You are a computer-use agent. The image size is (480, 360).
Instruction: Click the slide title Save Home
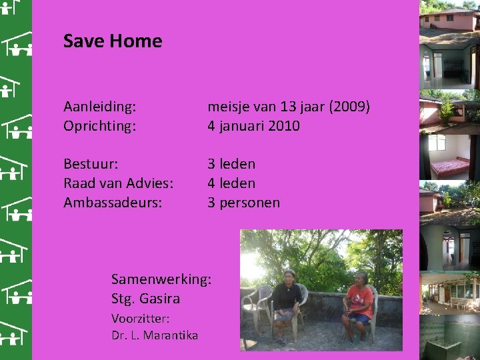pos(113,41)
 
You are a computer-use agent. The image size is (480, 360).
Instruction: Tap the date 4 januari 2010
pos(253,125)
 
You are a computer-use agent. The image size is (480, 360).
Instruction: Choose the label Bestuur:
pos(91,164)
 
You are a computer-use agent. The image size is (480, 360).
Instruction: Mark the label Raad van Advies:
pos(119,183)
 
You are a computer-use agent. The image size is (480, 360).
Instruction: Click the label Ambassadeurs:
pos(113,203)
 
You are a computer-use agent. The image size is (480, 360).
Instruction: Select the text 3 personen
pos(243,203)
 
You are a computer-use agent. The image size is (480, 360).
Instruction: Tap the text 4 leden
pos(231,183)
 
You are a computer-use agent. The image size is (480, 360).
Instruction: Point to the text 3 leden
pos(231,164)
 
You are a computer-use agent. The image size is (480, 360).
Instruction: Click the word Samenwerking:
pos(161,279)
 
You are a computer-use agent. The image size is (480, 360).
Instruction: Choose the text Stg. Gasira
pos(145,298)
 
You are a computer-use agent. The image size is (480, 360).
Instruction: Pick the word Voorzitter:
pos(140,319)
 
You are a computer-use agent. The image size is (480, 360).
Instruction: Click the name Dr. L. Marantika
pos(155,335)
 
